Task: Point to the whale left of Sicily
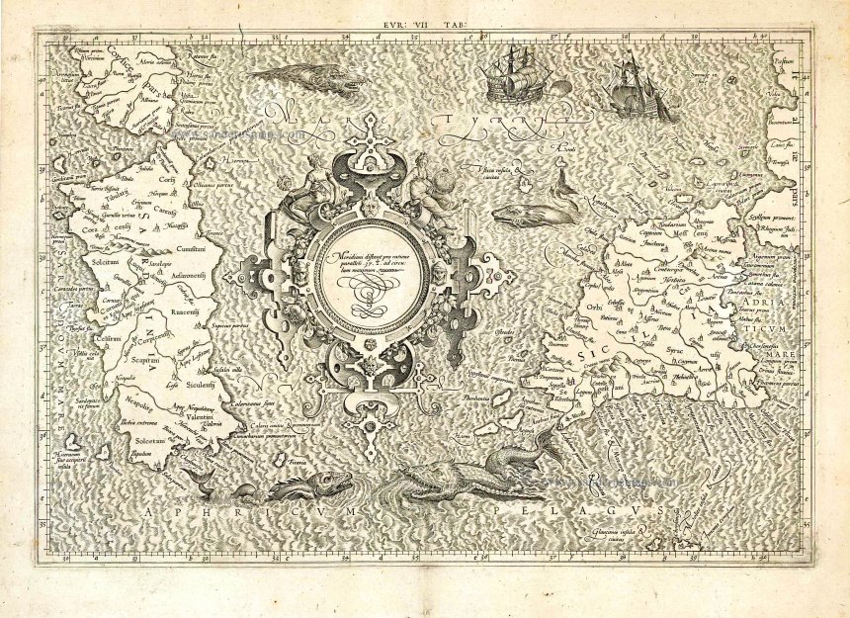pos(537,211)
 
